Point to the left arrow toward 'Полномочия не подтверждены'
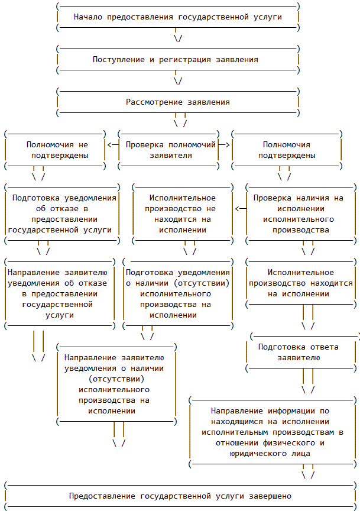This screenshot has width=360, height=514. [112, 144]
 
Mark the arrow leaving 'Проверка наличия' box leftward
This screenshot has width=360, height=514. [241, 208]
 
